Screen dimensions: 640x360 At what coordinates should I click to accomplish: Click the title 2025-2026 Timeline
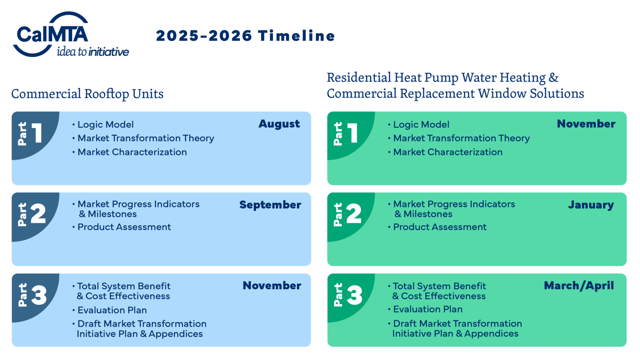(x=245, y=36)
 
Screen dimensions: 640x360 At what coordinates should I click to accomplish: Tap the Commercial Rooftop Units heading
(x=87, y=94)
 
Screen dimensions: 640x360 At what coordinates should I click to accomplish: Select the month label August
(x=279, y=124)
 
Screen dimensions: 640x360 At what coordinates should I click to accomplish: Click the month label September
(x=270, y=205)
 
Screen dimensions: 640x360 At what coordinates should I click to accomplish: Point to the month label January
(x=591, y=205)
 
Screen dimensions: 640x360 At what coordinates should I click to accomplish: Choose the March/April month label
(x=579, y=285)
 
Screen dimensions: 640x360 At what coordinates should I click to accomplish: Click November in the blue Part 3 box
(x=272, y=285)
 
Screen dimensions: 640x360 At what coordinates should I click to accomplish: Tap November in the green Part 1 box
(x=586, y=124)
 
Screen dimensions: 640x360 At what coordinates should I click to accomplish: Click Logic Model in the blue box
(x=105, y=125)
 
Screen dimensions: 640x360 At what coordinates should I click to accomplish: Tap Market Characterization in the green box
(x=448, y=152)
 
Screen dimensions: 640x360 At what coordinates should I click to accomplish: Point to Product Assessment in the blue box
(x=124, y=227)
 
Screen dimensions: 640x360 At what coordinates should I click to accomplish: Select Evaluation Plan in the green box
(x=428, y=309)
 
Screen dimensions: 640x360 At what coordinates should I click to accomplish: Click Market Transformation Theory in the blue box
(x=146, y=138)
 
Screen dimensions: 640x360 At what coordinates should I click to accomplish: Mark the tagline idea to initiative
(x=93, y=52)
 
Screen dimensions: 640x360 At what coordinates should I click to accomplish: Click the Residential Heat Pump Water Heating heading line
(x=442, y=77)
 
